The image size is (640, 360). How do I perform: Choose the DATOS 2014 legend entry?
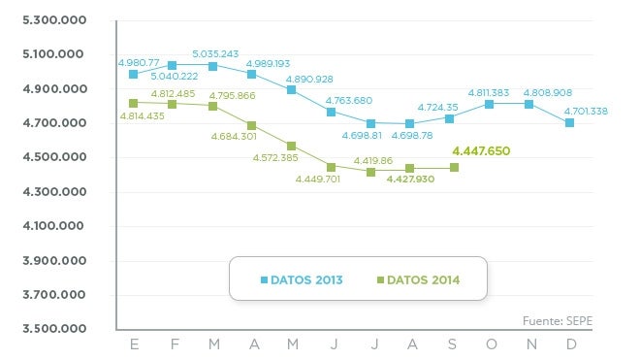coord(418,280)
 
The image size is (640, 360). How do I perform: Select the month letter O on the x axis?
coord(490,344)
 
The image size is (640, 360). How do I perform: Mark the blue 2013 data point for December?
coord(569,122)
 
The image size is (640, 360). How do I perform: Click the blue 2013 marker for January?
coord(133,74)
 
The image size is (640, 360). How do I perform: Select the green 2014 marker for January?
coord(133,102)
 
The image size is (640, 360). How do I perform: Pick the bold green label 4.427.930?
coord(410,180)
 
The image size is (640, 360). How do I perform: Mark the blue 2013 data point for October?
coord(490,104)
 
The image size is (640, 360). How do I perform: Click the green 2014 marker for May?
coord(291,147)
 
